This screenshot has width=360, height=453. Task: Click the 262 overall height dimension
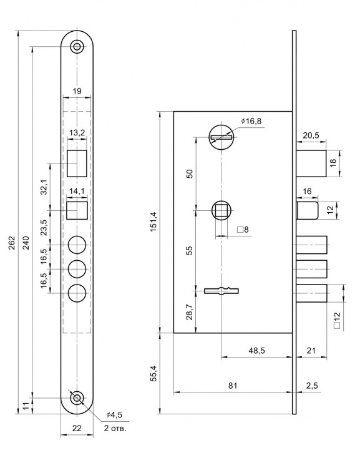11,243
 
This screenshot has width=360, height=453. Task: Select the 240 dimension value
26,243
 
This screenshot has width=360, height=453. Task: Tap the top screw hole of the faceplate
77,47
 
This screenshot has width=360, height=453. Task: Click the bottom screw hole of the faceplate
77,398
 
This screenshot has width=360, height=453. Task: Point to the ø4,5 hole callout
114,415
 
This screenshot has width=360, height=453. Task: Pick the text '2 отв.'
115,428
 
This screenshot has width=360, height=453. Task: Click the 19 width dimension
77,91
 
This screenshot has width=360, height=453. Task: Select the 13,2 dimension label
77,133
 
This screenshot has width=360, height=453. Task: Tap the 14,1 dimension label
77,192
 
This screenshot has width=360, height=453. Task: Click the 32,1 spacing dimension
44,187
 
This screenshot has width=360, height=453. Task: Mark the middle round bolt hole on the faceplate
77,269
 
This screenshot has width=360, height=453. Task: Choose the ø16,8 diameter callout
251,121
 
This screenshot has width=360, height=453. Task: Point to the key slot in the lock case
221,291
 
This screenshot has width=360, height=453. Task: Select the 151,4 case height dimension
153,222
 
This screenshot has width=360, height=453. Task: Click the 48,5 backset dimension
256,351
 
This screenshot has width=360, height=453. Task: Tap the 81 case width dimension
233,386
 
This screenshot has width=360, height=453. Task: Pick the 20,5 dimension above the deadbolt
311,135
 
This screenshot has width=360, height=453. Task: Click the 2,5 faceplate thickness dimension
312,386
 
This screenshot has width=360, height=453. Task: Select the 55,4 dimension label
153,374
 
